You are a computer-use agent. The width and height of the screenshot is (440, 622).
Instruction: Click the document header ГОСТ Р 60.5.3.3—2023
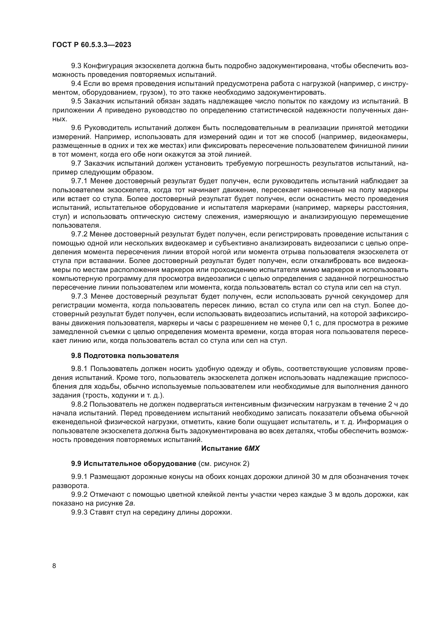click(92, 45)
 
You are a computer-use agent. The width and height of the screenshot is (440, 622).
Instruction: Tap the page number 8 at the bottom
click(54, 566)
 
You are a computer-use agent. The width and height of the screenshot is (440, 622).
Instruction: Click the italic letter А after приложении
click(99, 111)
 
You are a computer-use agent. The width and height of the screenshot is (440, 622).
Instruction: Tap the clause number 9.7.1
click(79, 181)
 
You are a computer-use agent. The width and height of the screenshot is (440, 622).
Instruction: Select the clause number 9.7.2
click(79, 234)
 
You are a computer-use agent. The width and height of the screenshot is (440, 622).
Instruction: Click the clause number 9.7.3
click(79, 296)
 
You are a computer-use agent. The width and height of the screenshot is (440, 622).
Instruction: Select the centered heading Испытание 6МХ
click(230, 448)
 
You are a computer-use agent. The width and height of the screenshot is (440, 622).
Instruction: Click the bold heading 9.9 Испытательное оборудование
click(134, 464)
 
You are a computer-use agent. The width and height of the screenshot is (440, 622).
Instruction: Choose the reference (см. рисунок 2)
click(224, 464)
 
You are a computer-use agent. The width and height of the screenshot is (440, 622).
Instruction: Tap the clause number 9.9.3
click(79, 512)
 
